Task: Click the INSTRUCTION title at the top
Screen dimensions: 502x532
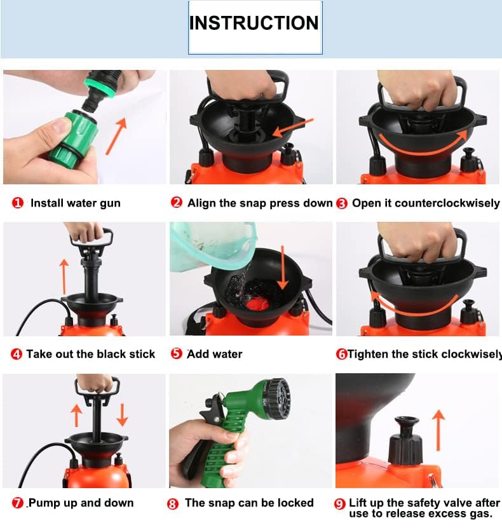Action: tap(254, 23)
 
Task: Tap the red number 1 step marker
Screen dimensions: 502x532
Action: tap(18, 203)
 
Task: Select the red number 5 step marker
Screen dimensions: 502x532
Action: tap(177, 353)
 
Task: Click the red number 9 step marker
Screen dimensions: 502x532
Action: tap(339, 504)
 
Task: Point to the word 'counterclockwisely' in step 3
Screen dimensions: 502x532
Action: tap(447, 203)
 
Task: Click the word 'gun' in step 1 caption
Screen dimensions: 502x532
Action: tap(110, 203)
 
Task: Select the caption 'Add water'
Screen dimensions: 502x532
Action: tap(215, 354)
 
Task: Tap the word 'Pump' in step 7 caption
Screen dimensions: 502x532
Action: tap(44, 503)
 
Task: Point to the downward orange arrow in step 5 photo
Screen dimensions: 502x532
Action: tap(283, 268)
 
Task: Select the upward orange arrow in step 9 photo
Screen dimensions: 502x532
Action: tap(438, 430)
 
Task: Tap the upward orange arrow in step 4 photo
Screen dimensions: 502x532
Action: tap(64, 276)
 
